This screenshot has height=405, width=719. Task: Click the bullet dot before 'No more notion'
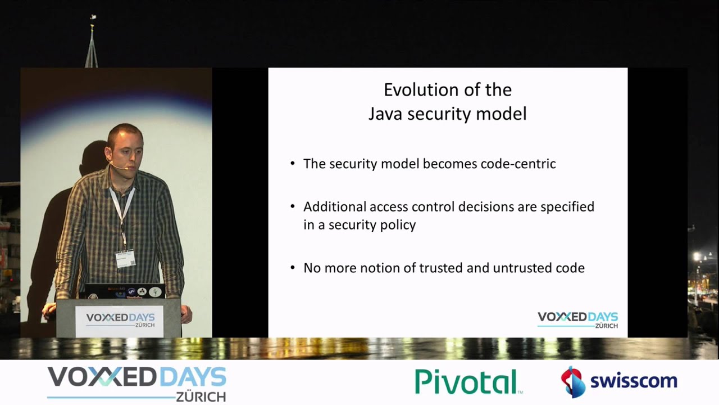click(x=293, y=268)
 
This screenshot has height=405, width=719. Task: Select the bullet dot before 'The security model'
click(x=293, y=164)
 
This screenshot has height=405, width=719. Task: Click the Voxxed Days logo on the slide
click(x=577, y=319)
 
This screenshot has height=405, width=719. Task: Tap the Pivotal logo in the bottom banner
click(x=468, y=381)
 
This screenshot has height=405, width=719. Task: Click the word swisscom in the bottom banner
click(x=633, y=381)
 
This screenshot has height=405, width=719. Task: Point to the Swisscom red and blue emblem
click(x=573, y=381)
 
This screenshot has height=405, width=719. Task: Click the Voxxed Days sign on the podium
click(x=120, y=319)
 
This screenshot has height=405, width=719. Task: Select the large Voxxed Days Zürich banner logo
click(x=136, y=383)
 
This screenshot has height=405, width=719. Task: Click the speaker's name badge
click(x=125, y=258)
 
